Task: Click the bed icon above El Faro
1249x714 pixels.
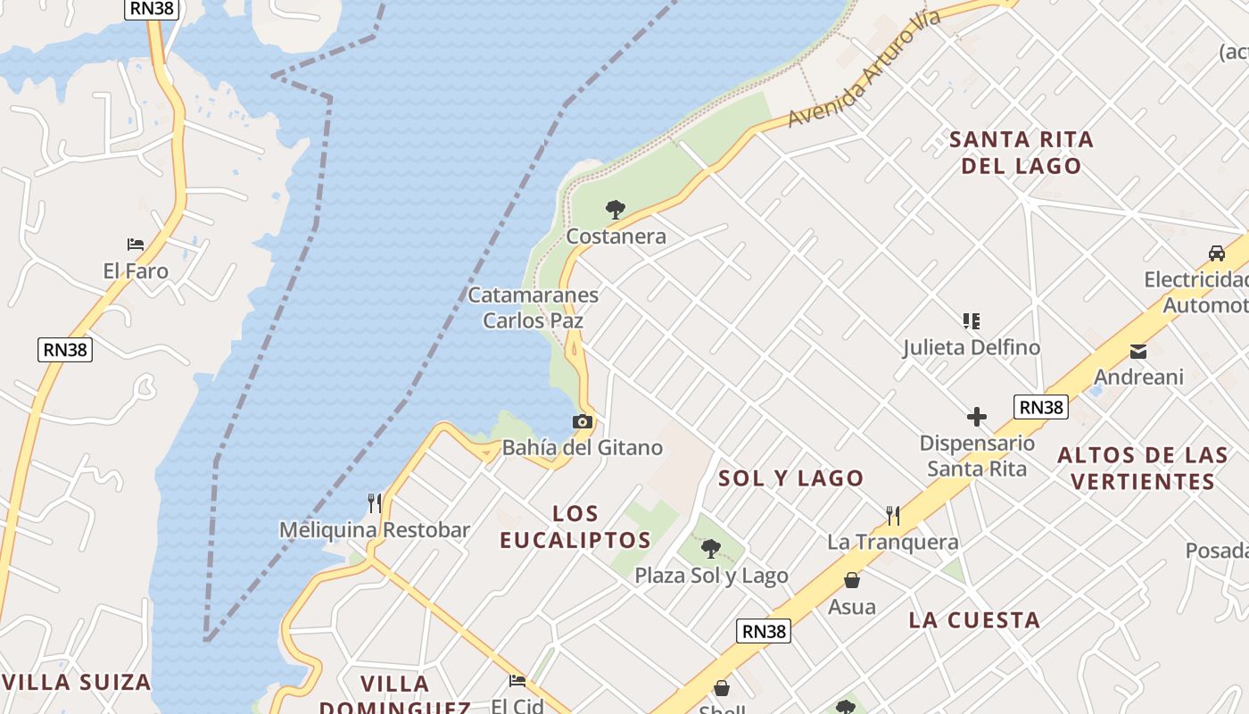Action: (136, 245)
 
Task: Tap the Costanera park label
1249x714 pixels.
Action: (616, 237)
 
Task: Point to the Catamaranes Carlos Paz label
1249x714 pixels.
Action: (534, 307)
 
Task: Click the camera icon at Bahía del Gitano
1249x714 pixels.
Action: (583, 421)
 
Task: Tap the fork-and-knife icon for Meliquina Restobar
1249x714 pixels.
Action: (375, 503)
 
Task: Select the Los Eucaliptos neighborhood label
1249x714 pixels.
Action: (575, 527)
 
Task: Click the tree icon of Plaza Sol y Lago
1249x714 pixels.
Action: (711, 549)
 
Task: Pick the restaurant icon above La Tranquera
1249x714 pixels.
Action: (893, 515)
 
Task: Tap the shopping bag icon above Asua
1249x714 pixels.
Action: (852, 581)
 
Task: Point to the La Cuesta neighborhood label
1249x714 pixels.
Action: (974, 620)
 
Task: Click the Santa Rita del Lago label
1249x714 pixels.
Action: (1022, 153)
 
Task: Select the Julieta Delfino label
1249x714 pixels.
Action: (972, 347)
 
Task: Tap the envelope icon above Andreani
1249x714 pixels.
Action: (1138, 352)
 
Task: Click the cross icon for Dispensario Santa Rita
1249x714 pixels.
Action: (977, 417)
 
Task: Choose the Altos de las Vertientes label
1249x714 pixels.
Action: (1143, 469)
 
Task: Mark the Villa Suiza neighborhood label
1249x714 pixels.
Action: (77, 683)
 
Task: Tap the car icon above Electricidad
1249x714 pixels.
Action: (1217, 253)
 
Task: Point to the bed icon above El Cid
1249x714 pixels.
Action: (517, 681)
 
